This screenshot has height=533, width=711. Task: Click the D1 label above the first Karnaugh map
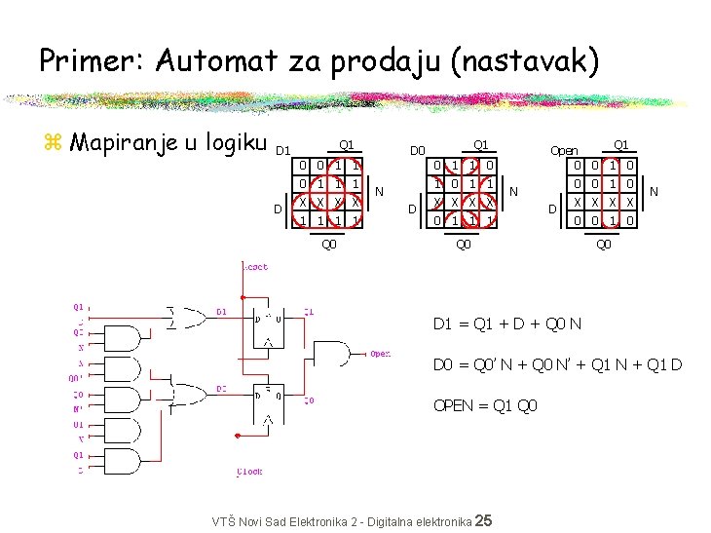tap(282, 151)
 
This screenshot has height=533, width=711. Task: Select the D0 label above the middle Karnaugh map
tap(417, 151)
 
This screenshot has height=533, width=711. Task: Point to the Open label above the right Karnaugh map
tap(564, 151)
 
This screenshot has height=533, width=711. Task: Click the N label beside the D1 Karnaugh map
tap(380, 190)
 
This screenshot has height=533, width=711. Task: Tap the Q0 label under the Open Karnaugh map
tap(604, 245)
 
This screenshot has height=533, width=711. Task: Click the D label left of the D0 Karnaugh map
tap(412, 209)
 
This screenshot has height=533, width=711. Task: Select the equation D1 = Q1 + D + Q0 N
tap(507, 324)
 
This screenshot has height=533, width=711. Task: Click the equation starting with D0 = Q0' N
tap(557, 365)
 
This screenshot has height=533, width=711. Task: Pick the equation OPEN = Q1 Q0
tap(484, 405)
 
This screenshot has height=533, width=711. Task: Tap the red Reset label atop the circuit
tap(255, 267)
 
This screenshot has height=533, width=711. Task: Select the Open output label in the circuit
tap(380, 354)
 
